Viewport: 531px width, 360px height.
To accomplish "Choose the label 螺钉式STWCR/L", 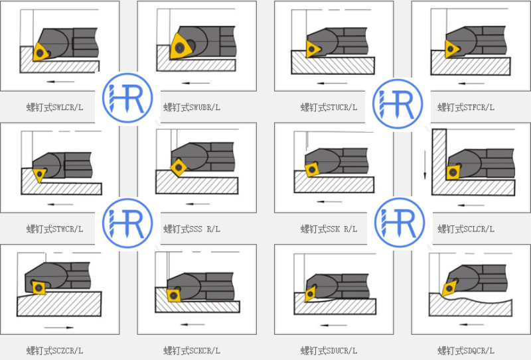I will pos(55,229).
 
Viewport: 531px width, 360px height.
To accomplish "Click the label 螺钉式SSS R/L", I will pos(192,229).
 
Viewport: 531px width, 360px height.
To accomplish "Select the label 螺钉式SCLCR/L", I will pos(466,229).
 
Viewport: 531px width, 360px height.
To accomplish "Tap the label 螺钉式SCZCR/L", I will pos(55,351).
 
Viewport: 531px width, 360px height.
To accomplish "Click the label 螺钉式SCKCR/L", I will pos(192,351).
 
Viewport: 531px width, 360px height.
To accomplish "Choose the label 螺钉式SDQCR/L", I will pos(466,351).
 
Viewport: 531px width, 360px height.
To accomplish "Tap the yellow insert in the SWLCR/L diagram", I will pos(41,52).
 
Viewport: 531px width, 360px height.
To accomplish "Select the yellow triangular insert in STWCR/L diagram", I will pos(40,174).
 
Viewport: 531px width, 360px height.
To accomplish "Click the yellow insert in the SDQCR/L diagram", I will pos(449,287).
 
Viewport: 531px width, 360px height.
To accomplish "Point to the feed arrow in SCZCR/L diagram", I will pos(59,328).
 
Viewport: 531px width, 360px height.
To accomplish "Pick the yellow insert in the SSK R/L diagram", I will pos(311,170).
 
